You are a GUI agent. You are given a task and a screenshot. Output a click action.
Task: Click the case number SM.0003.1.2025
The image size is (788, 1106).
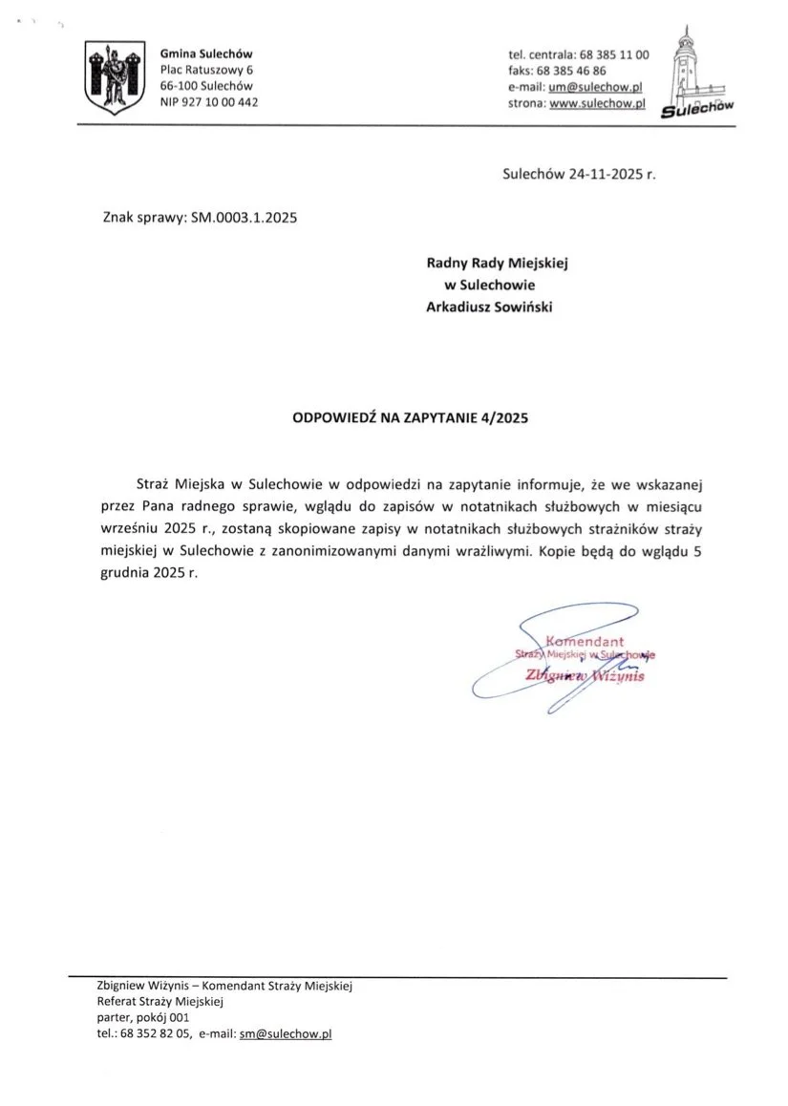pyautogui.click(x=245, y=218)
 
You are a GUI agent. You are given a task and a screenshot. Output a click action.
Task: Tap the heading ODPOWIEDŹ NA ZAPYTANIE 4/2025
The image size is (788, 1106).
pyautogui.click(x=410, y=417)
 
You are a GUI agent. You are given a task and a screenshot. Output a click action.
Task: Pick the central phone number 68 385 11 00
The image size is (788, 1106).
pyautogui.click(x=614, y=54)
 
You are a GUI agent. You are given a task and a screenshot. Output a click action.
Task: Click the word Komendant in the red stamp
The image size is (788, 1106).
pyautogui.click(x=585, y=640)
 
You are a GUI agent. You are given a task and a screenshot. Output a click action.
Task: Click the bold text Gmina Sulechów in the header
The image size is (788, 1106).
pyautogui.click(x=206, y=53)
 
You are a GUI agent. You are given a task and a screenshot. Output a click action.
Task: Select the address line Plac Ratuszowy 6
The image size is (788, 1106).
pyautogui.click(x=206, y=70)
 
